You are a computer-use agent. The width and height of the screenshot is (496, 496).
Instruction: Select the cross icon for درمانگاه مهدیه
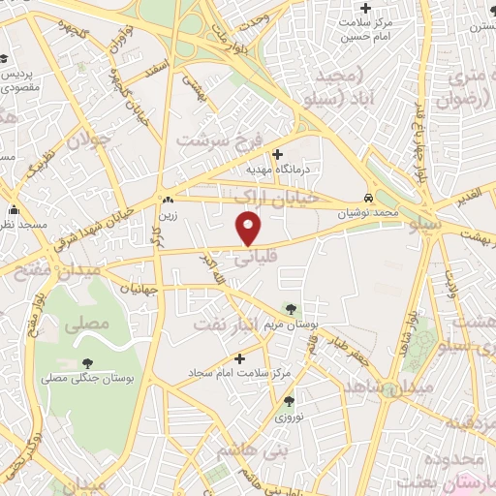(277, 153)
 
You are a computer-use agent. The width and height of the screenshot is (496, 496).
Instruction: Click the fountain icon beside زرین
(168, 201)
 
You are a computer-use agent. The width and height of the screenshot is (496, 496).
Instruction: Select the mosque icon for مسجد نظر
(14, 210)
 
